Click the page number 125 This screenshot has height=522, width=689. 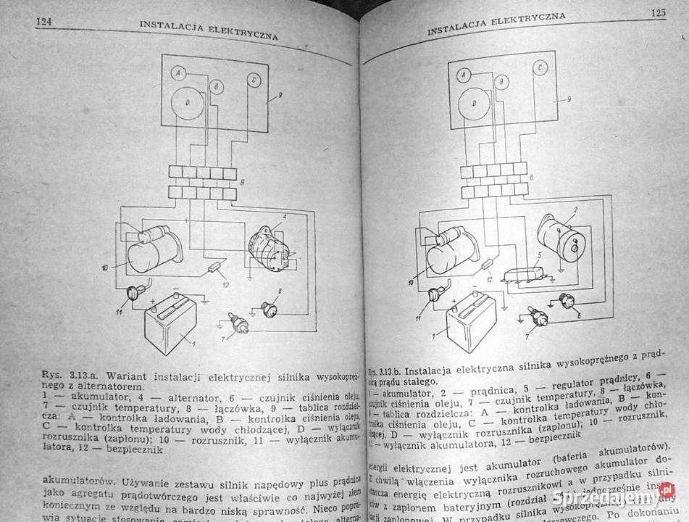click(x=658, y=12)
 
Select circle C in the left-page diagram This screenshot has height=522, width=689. click(x=254, y=80)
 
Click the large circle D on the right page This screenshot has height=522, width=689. click(x=474, y=103)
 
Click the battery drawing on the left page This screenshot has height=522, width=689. click(x=171, y=325)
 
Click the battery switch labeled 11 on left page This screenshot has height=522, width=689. click(x=135, y=294)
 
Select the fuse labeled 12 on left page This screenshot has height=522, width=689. click(x=215, y=267)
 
